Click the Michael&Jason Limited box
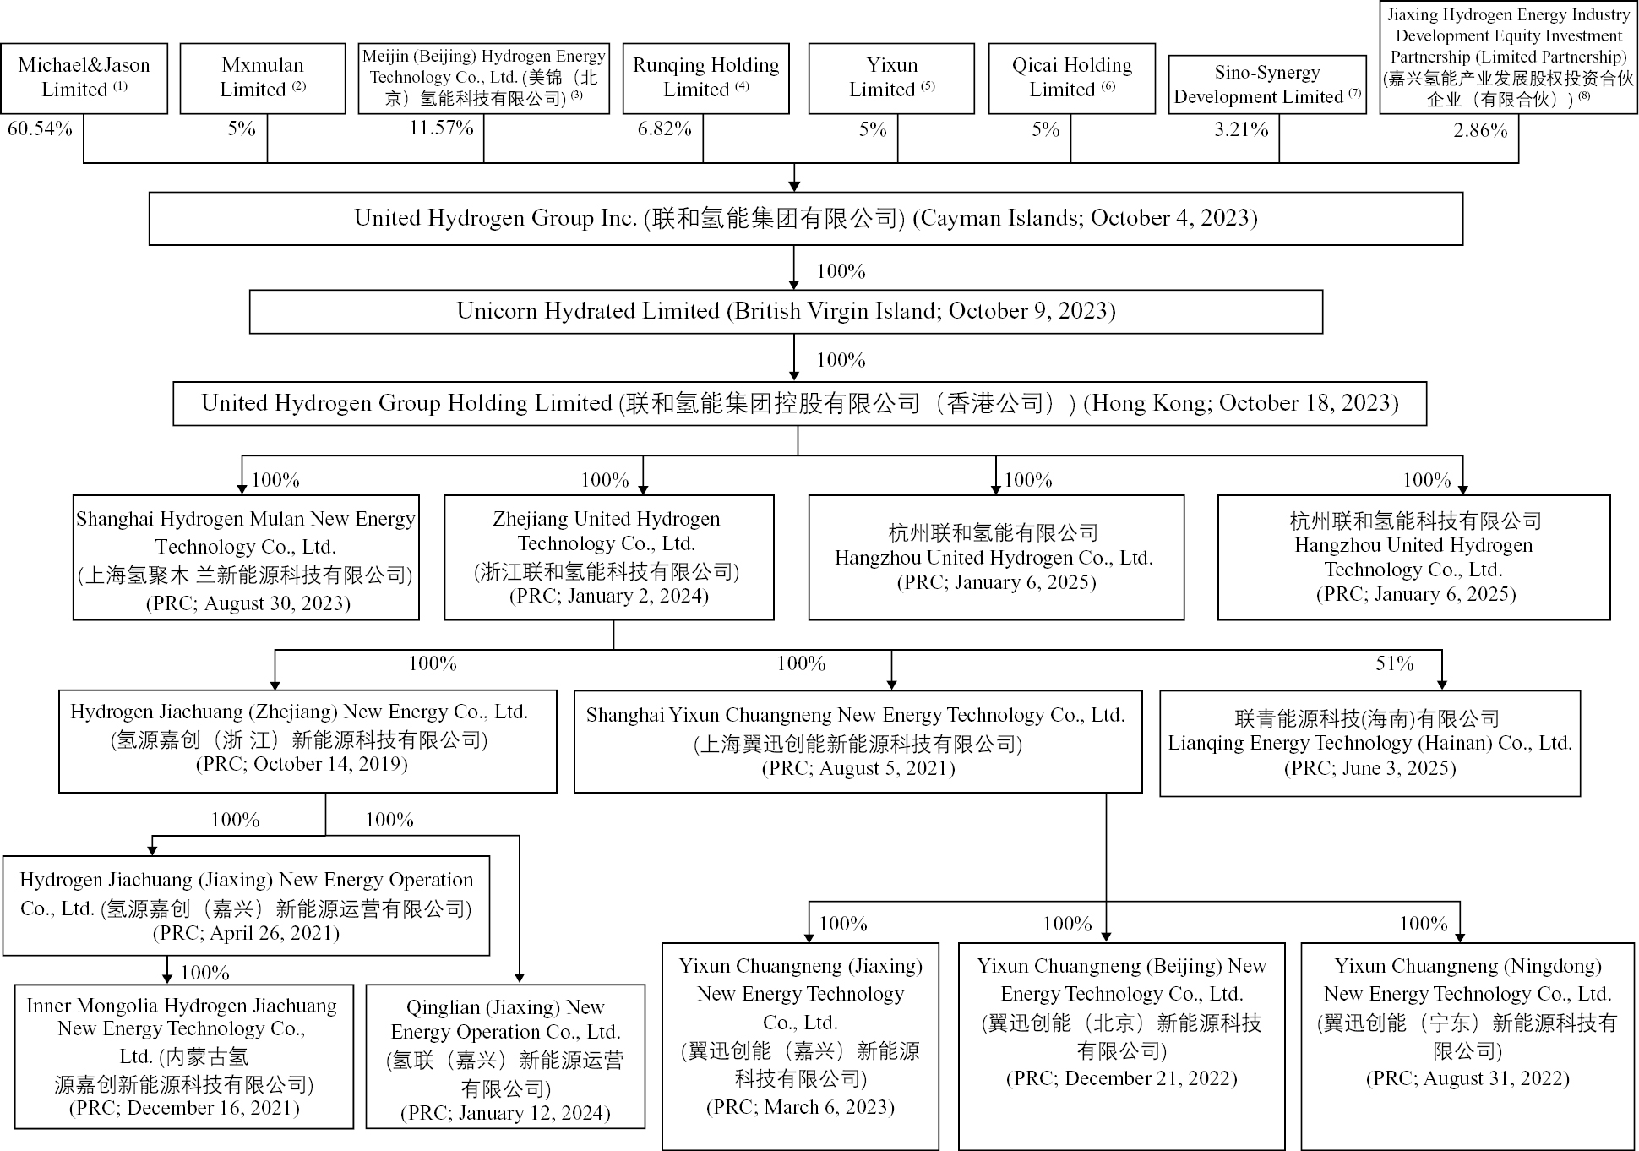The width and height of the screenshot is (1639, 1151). coord(84,78)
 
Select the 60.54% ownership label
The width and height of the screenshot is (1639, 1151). coord(40,129)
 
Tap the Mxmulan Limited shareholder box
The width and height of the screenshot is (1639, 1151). coord(263,78)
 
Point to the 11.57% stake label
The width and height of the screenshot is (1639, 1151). coord(441,128)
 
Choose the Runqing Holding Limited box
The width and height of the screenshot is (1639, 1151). coord(705,78)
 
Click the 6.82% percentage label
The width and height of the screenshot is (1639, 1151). coord(664,129)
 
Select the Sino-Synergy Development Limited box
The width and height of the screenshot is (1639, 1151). coord(1266,85)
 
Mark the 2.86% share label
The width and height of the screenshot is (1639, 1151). coord(1480,130)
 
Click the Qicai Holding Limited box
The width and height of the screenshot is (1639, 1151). coord(1071,78)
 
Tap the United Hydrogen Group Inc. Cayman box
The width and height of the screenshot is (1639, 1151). coord(805,218)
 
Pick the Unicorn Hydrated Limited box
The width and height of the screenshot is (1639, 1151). coord(786,311)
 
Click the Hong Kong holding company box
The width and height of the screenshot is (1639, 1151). coord(799,403)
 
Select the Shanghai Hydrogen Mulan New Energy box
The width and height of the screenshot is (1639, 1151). coord(246,558)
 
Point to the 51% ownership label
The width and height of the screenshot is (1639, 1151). coord(1394,663)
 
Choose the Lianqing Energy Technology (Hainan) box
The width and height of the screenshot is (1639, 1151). coord(1369,743)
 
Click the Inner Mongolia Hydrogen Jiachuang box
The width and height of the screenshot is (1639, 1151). coord(183,1056)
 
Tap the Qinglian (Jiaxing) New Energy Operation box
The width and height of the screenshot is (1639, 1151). coord(505,1056)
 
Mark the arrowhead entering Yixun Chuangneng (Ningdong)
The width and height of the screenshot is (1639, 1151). coord(1459,936)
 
